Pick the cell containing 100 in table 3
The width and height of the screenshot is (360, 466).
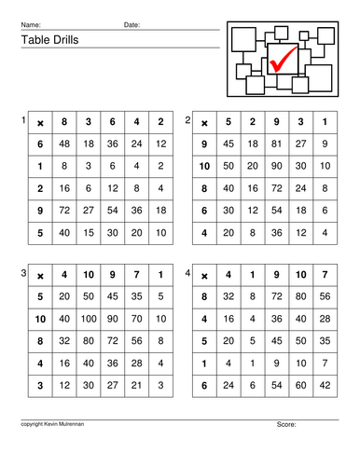pos(89,319)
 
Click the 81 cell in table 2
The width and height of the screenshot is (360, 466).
pos(277,144)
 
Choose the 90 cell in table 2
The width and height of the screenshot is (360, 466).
pos(277,166)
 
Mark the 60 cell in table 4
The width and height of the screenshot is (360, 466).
pos(300,384)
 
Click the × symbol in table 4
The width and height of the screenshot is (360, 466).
pos(203,275)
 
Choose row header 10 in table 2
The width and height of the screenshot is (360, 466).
pos(204,166)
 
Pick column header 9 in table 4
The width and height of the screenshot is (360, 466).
pos(277,275)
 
